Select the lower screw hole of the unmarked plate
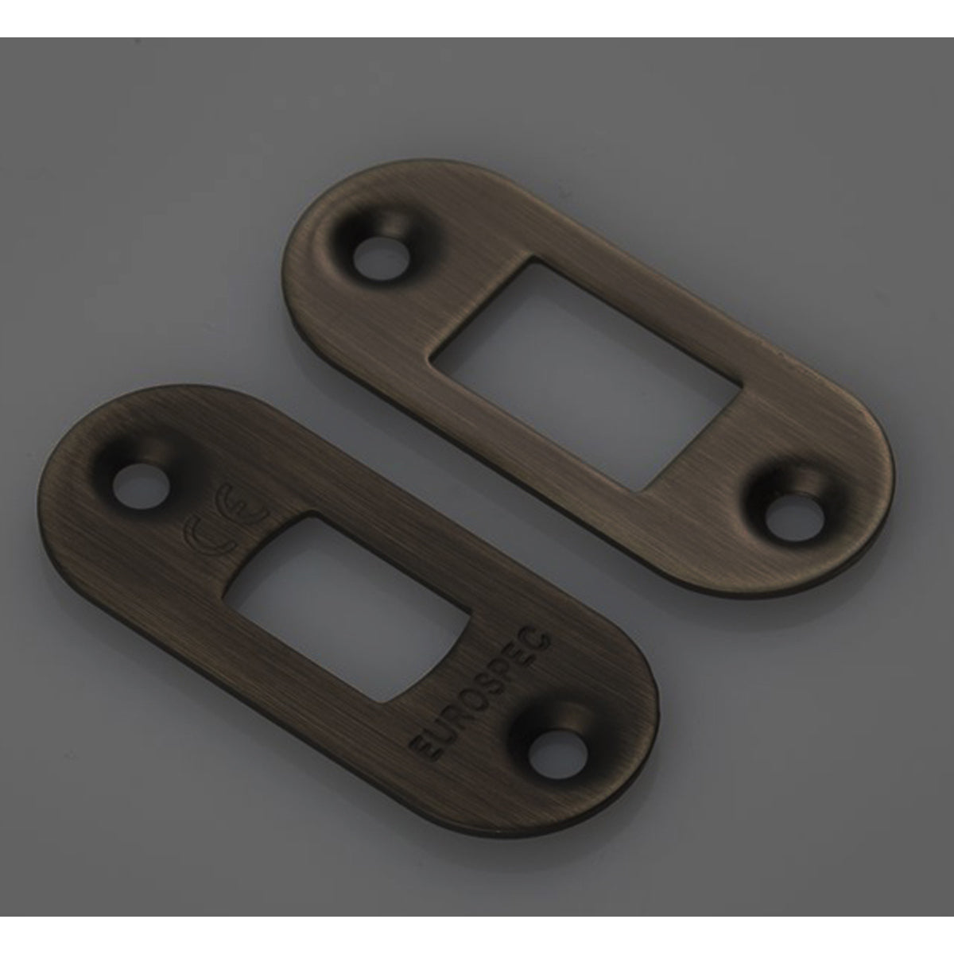pyautogui.click(x=795, y=518)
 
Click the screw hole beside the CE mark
pyautogui.click(x=141, y=483)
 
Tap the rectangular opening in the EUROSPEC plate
pyautogui.click(x=347, y=610)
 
